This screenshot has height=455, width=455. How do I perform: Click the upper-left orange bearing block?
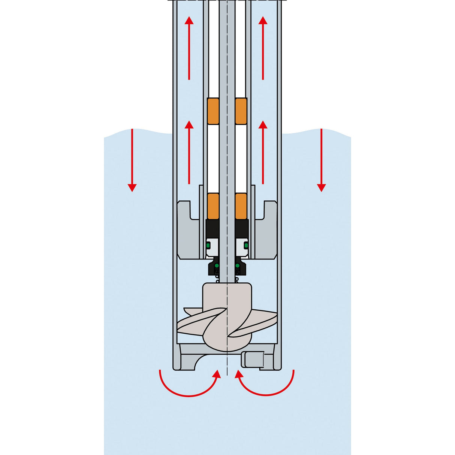point(213,111)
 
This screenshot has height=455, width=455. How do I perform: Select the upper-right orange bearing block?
point(241,111)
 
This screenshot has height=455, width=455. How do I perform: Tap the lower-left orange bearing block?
point(213,206)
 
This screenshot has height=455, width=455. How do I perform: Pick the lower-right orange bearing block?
point(241,206)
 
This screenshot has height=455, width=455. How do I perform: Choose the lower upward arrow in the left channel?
point(189,152)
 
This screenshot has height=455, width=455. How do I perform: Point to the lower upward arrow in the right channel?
point(263,152)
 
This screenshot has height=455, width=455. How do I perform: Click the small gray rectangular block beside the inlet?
point(252,360)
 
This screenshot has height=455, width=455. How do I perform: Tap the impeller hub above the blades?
point(227,296)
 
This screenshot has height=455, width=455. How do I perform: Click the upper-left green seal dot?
point(208,245)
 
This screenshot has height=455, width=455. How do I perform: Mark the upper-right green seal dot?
point(246,245)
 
